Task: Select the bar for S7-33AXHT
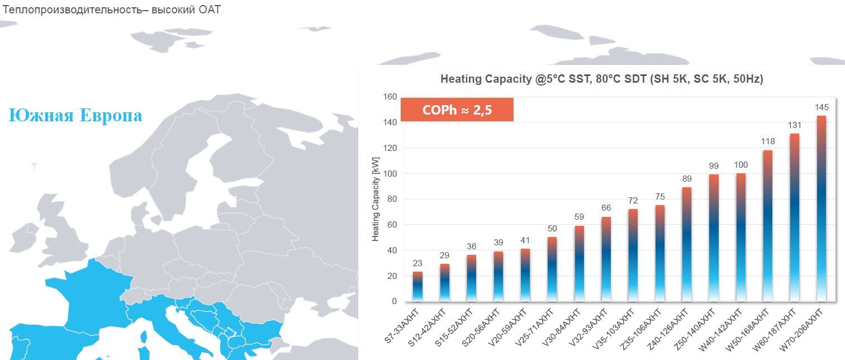pos(417,286)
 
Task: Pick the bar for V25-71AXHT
pos(552,269)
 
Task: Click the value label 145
pos(822,107)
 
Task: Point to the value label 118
pos(768,141)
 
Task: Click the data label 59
pos(579,217)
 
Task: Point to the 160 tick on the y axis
pos(390,97)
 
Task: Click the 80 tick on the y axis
pos(392,199)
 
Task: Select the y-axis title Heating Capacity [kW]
pos(376,199)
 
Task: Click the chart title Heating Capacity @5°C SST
pos(601,79)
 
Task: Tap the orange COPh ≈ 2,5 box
pos(457,110)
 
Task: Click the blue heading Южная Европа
pos(75,116)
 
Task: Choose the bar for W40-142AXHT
pos(741,237)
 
